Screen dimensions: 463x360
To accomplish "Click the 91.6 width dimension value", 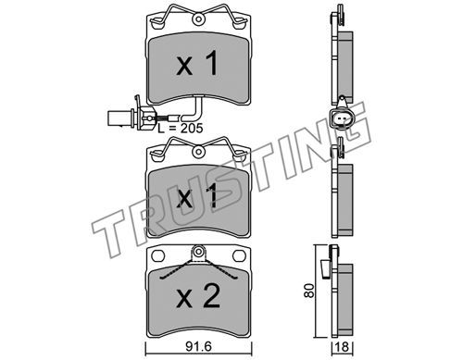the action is pos(199,346).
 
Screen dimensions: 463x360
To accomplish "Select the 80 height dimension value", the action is pos(308,290).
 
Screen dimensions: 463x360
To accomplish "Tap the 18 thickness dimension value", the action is pos(342,347).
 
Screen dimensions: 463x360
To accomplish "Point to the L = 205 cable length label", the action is pos(181,128).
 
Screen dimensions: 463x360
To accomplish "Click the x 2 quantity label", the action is pos(198,296).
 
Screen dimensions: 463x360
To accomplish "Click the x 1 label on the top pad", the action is pos(197,64).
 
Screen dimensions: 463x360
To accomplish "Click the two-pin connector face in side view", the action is pos(342,118).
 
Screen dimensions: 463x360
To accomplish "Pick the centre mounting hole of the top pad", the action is pos(198,19).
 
